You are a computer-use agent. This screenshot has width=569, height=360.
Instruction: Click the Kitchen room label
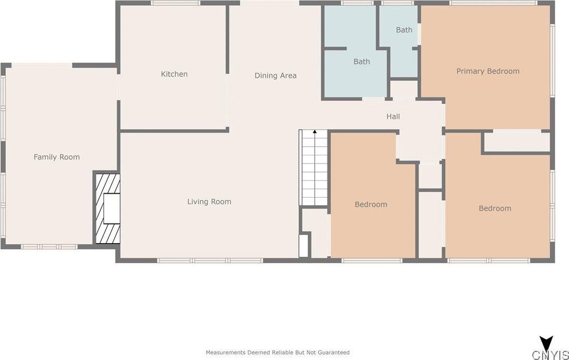point(174,74)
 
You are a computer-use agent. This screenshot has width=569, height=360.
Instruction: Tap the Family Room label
point(57,157)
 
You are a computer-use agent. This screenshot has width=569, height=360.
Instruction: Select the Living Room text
point(209,202)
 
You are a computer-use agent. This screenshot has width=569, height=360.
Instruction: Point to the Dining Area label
point(275,76)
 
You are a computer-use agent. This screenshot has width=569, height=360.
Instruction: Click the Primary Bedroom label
point(488,71)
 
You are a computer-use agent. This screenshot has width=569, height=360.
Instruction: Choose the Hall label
point(393,116)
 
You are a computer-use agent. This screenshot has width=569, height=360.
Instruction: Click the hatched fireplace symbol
point(107,209)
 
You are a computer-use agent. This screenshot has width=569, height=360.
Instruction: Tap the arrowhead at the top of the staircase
point(315,132)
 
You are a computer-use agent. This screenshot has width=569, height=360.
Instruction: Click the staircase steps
point(314,167)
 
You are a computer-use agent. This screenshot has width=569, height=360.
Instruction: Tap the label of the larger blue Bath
point(362,62)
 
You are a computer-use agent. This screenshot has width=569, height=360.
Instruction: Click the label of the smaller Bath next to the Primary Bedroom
point(404,30)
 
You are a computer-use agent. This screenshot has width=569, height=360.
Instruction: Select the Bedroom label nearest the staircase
point(371,205)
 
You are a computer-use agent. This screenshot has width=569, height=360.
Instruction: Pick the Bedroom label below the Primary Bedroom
point(495,209)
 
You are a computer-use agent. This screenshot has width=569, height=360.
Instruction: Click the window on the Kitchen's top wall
point(176,3)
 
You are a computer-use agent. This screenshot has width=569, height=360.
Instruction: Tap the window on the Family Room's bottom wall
point(49,247)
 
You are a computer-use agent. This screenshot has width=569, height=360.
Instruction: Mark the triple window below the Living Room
point(210,260)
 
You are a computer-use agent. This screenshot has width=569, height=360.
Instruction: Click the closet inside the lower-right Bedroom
point(517,142)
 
